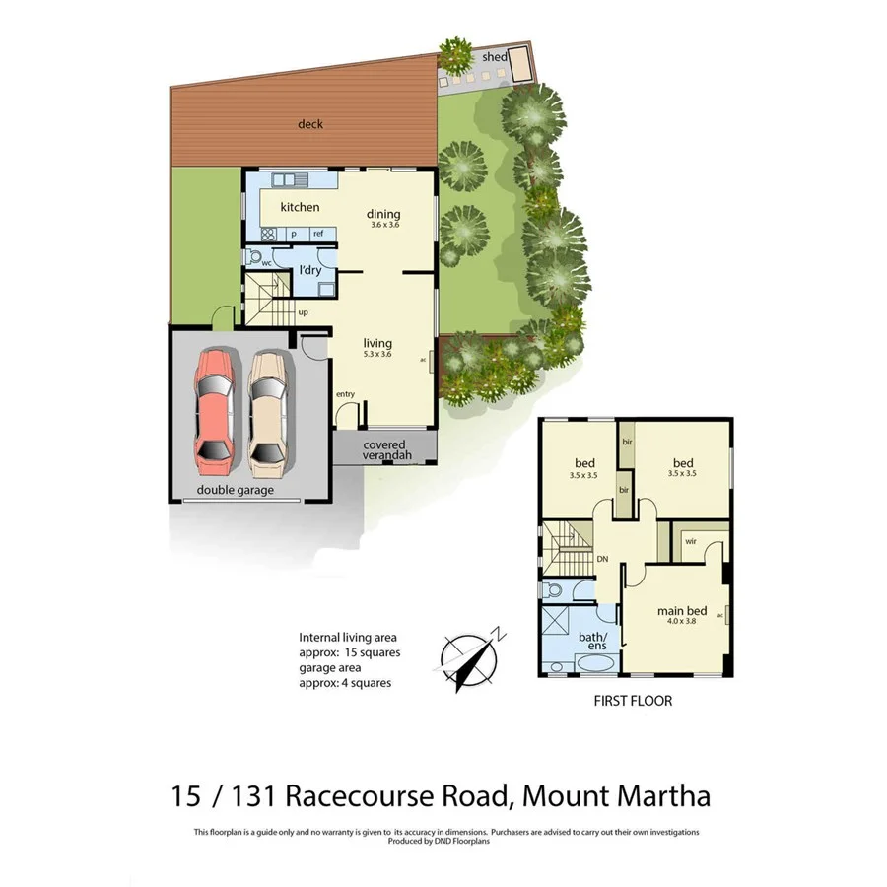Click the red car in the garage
point(214,407)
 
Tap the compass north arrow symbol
point(470,659)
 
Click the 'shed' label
point(494,57)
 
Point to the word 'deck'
point(310,124)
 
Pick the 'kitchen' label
point(300,207)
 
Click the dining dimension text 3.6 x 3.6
point(383,225)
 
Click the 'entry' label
point(345,394)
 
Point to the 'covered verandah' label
point(384,450)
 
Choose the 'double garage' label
point(235,490)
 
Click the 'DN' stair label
point(602,559)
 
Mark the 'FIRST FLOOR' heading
point(633,702)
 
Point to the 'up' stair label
point(303,312)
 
